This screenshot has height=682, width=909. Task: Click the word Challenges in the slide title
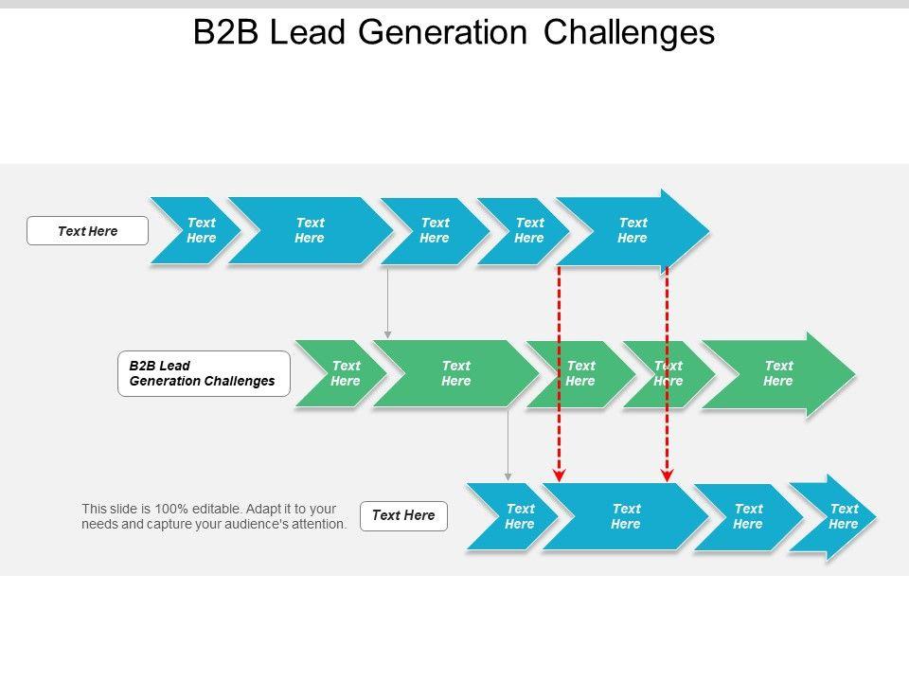pyautogui.click(x=629, y=32)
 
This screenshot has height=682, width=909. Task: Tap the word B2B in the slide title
pyautogui.click(x=225, y=32)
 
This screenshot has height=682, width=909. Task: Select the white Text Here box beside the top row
pyautogui.click(x=87, y=231)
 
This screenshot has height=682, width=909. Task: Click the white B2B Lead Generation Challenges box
pyautogui.click(x=205, y=373)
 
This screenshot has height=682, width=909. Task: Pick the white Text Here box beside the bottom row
pyautogui.click(x=403, y=515)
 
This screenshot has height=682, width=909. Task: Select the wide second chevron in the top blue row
pyautogui.click(x=311, y=231)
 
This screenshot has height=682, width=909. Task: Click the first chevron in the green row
pyautogui.click(x=341, y=373)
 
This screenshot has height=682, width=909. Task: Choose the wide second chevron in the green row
pyautogui.click(x=455, y=373)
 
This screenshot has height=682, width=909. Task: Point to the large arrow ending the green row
pyautogui.click(x=778, y=374)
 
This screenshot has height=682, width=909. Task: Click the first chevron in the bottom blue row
pyautogui.click(x=512, y=516)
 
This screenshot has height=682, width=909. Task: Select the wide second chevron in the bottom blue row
pyautogui.click(x=625, y=516)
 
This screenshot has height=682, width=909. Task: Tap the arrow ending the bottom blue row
pyautogui.click(x=832, y=517)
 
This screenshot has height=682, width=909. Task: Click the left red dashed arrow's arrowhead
pyautogui.click(x=559, y=476)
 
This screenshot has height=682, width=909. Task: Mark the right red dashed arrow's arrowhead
pyautogui.click(x=668, y=476)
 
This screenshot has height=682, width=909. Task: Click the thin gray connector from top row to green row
pyautogui.click(x=388, y=302)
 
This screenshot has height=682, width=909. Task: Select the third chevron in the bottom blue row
pyautogui.click(x=748, y=516)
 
